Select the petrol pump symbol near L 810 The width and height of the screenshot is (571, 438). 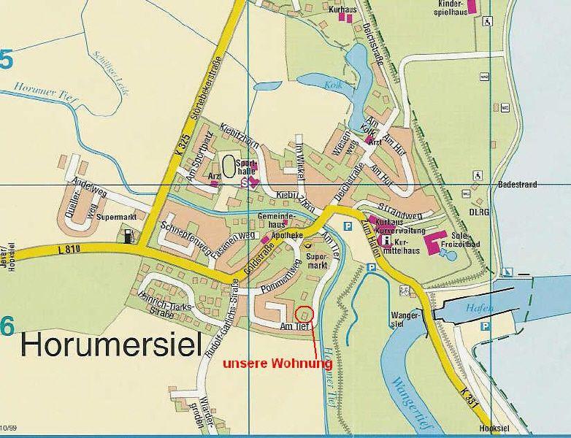coord(130,236)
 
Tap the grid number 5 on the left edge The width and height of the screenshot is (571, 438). coord(7,60)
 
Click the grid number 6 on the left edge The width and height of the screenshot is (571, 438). coord(7,327)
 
